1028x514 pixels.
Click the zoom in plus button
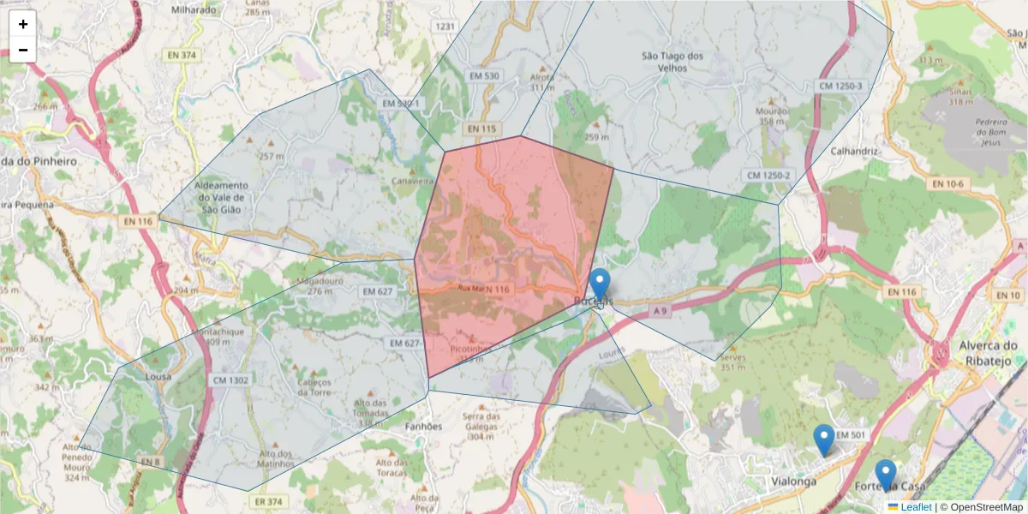(23, 24)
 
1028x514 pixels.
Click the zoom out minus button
(23, 50)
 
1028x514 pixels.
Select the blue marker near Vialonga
(823, 439)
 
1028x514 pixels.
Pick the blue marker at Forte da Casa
(886, 475)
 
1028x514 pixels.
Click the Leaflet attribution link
(916, 507)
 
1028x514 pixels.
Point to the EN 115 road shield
(482, 128)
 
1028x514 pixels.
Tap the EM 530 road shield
(484, 76)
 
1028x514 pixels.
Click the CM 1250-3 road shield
(840, 87)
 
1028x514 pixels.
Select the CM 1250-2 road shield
(768, 176)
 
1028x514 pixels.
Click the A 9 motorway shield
(658, 309)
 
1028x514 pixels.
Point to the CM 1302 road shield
(231, 380)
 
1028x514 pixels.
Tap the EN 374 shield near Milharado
(182, 55)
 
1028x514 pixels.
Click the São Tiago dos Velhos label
(672, 62)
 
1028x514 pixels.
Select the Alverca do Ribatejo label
(986, 352)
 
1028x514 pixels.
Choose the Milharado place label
(194, 9)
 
